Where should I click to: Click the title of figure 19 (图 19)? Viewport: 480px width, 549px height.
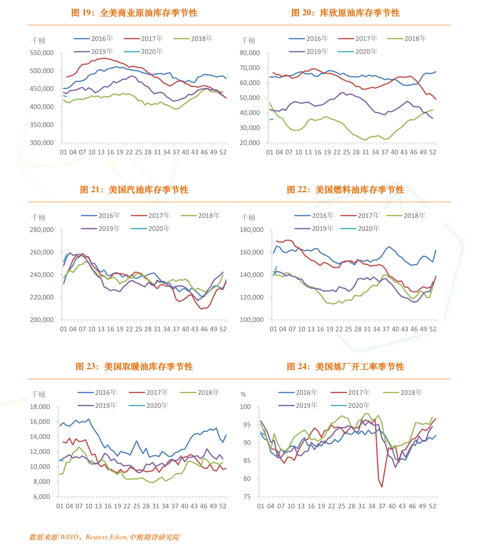pos(134,13)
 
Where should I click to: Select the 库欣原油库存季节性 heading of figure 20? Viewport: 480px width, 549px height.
pos(359,13)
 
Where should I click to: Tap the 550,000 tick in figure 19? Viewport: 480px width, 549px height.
pos(42,53)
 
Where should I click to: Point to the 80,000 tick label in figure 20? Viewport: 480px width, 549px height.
pos(249,53)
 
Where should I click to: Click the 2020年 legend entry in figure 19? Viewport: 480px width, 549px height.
pos(143,52)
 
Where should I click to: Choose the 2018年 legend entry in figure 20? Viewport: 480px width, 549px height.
pos(407,39)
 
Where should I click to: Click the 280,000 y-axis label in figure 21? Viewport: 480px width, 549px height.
pos(42,230)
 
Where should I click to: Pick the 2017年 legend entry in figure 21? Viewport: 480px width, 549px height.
pos(151,216)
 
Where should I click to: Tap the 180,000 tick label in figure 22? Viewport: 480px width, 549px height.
pos(251,230)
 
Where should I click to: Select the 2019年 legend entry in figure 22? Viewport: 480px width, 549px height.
pos(314,228)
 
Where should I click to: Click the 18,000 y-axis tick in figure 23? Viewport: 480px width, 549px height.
pos(40,407)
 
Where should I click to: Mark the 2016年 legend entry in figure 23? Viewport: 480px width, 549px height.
pos(97,392)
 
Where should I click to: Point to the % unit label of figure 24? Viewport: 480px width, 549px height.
pos(243,394)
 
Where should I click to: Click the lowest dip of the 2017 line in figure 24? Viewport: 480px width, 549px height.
pos(382,487)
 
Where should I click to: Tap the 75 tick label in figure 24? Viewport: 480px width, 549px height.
pos(247,497)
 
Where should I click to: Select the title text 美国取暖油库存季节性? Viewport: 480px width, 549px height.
pos(148,367)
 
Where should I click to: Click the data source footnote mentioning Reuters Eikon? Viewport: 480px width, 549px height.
pos(104,537)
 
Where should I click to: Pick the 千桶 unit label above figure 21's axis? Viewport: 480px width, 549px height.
pos(38,218)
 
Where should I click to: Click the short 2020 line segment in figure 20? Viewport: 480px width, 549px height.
pos(271,119)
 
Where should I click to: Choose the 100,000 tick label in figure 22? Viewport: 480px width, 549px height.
pos(251,320)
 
